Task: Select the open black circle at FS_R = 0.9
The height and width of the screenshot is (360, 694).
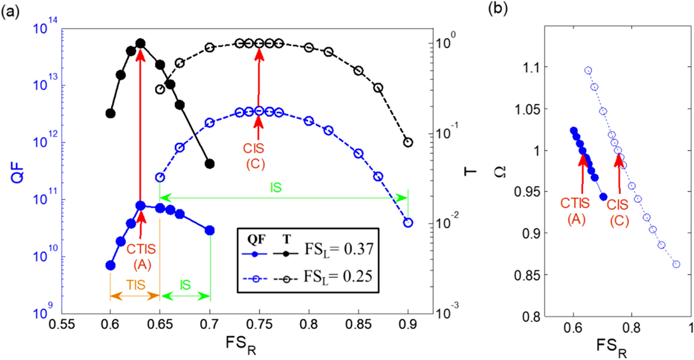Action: [408, 142]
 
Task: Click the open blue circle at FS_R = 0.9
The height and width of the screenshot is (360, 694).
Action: [408, 222]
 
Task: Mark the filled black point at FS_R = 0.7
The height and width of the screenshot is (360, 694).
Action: [210, 164]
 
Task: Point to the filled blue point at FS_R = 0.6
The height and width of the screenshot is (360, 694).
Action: [110, 265]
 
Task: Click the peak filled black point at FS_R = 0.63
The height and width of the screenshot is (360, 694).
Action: [140, 44]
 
